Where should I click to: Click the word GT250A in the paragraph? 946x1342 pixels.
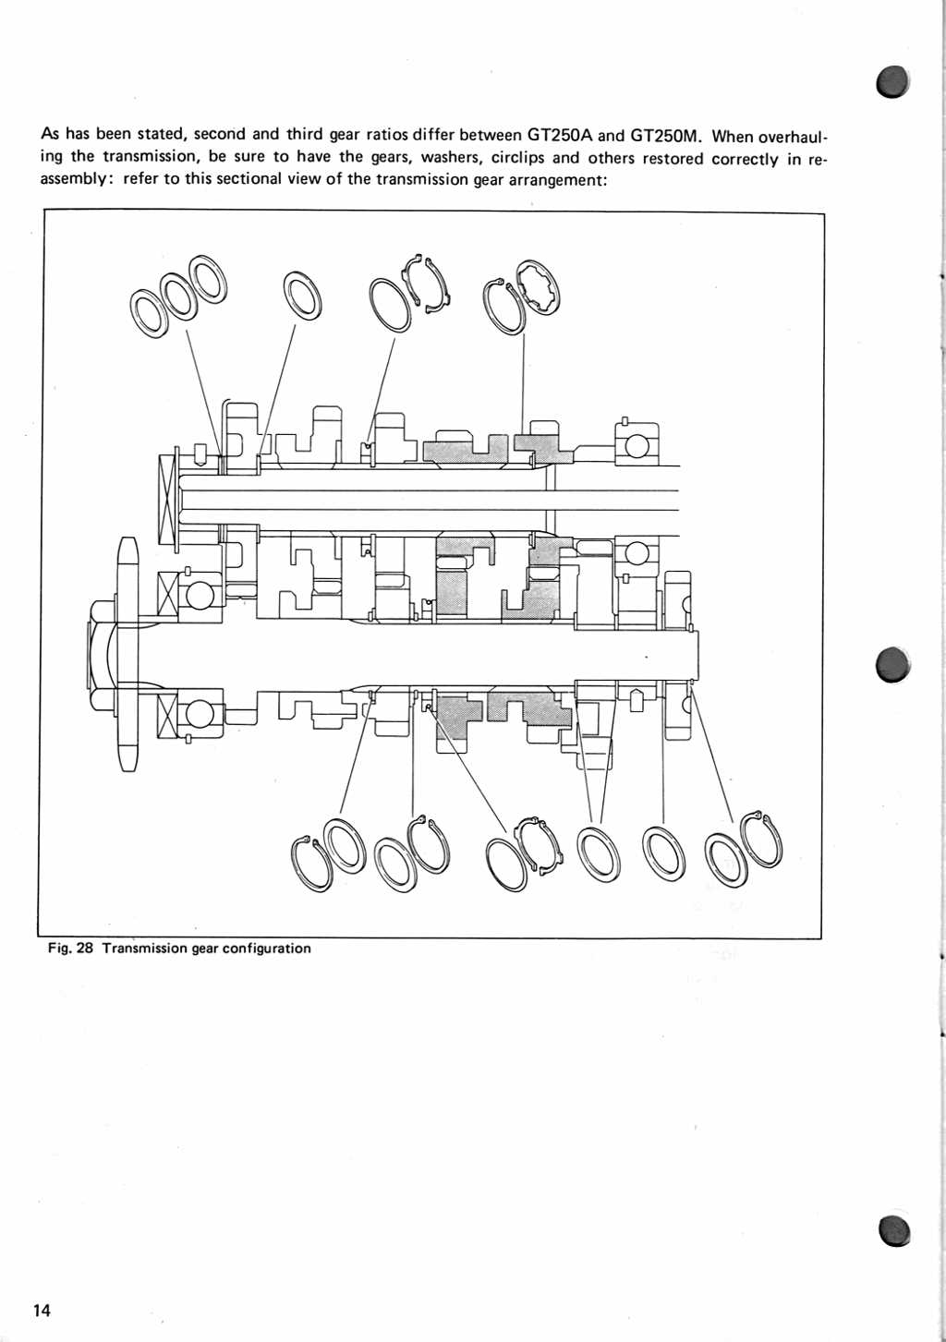560,135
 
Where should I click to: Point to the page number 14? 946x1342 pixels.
42,1311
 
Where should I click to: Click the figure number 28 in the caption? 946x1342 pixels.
85,949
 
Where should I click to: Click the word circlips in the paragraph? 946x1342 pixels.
517,158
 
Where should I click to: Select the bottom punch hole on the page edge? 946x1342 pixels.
892,1230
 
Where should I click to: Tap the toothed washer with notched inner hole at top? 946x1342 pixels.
539,287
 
